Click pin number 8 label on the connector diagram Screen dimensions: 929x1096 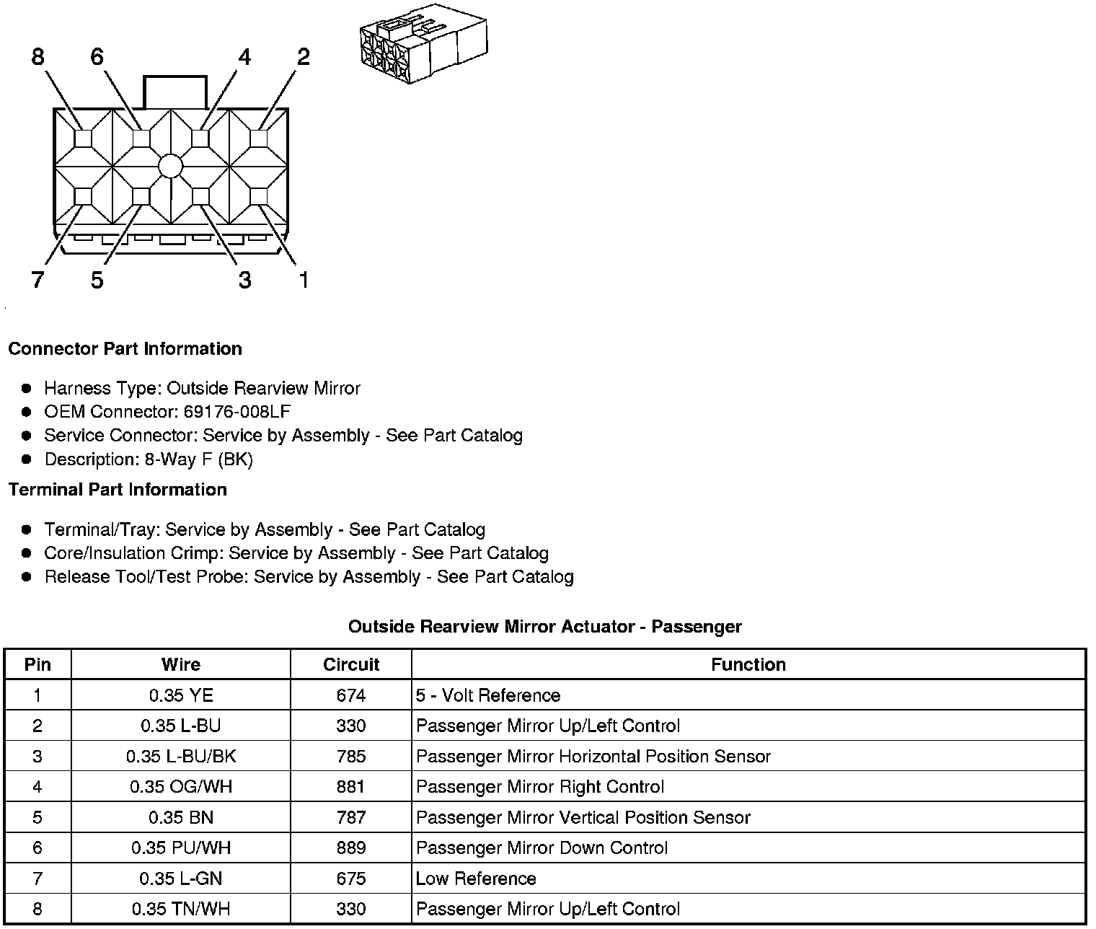tap(38, 56)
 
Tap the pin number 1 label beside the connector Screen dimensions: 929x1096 tap(304, 280)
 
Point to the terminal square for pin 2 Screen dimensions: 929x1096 tap(259, 138)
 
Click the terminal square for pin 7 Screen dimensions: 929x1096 tap(83, 196)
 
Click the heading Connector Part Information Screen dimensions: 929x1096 tap(125, 349)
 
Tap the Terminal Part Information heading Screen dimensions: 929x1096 tap(118, 490)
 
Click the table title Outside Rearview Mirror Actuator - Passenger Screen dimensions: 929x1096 tap(544, 627)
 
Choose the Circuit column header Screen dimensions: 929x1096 tap(351, 664)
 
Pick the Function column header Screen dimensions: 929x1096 tap(748, 664)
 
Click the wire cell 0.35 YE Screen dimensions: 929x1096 tap(181, 695)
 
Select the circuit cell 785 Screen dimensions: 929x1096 tap(351, 757)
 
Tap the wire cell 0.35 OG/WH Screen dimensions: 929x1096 tap(181, 787)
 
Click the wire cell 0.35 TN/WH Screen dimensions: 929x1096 tap(181, 909)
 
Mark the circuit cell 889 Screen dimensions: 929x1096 tap(351, 848)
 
